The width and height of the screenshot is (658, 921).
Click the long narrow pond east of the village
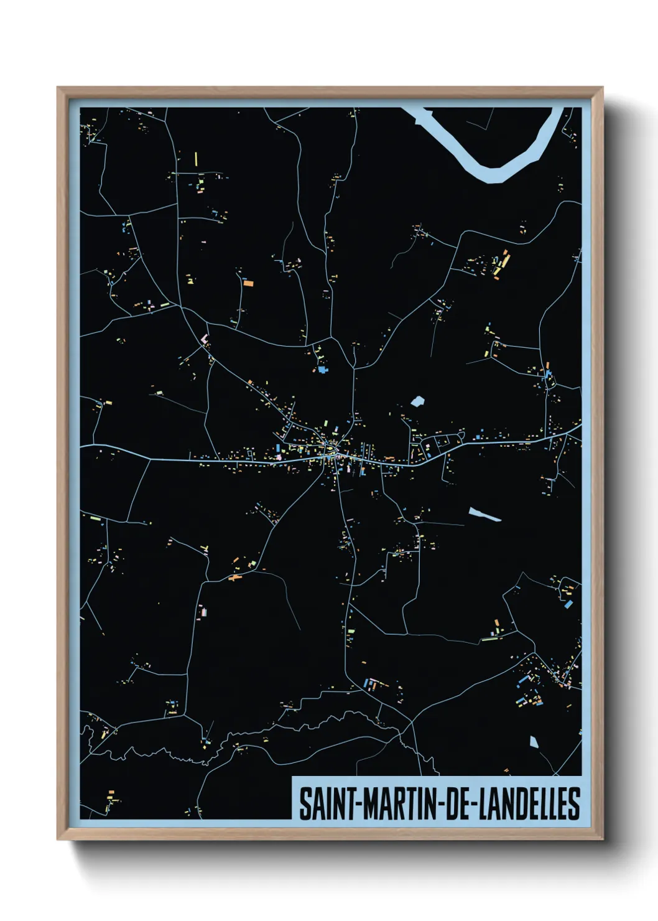[x=484, y=514]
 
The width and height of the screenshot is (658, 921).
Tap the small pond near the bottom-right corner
[x=533, y=741]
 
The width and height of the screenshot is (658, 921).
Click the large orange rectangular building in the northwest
[x=248, y=283]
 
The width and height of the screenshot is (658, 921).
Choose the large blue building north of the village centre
[x=322, y=370]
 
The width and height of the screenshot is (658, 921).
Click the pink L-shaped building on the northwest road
[x=204, y=339]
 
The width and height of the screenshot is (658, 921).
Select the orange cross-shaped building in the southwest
[x=234, y=579]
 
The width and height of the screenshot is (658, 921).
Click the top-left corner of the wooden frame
[x=58, y=88]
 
